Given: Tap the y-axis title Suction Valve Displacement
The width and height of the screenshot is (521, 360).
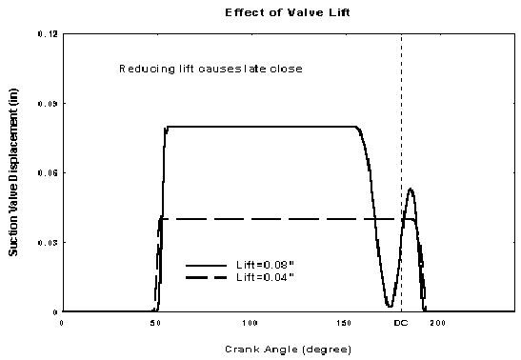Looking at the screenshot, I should click(x=16, y=172).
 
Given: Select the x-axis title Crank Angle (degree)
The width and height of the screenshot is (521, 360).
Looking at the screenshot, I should click(x=288, y=349).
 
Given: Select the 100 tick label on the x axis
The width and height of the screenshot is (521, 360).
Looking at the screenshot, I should click(x=250, y=323).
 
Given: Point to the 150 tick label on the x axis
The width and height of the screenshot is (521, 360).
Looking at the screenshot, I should click(x=344, y=323).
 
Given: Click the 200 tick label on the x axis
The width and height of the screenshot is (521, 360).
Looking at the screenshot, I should click(x=438, y=323).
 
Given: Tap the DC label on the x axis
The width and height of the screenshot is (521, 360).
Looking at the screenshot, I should click(x=401, y=323).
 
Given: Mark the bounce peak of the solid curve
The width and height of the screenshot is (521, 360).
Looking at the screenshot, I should click(x=410, y=189).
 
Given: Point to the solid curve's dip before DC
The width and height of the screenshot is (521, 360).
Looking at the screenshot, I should click(x=389, y=306).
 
